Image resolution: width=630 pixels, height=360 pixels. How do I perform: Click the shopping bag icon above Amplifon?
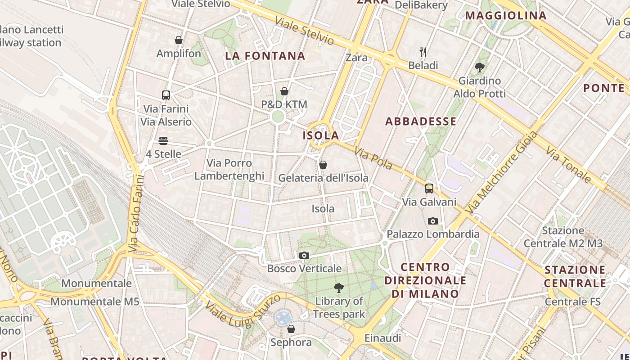[x=179, y=40]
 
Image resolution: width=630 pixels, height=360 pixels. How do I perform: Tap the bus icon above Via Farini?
[x=166, y=95]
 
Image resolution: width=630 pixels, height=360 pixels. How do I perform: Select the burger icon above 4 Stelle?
[x=163, y=141]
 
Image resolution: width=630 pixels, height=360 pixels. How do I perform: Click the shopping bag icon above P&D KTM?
[x=284, y=91]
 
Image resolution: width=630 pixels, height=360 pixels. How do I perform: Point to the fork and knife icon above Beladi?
[x=423, y=52]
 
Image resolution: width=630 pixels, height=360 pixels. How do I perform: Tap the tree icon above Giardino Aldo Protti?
[x=480, y=67]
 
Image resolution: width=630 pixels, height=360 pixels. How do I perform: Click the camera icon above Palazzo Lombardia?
[x=433, y=221]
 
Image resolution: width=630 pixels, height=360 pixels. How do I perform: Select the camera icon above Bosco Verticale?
[x=304, y=255]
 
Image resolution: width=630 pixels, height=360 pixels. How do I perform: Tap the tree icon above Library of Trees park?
[x=339, y=288]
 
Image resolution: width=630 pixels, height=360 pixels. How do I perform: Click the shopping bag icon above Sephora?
[x=291, y=329]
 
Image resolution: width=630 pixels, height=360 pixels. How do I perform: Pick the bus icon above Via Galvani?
[x=429, y=189]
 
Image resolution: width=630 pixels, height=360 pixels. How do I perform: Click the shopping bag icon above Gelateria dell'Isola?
[x=323, y=165]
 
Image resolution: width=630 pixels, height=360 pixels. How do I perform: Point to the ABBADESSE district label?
[x=421, y=121]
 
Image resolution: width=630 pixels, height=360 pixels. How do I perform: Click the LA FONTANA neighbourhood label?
[x=265, y=56]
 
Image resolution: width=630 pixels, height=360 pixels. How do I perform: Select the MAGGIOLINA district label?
[x=506, y=16]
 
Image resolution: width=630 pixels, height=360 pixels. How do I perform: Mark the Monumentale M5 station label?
[x=95, y=301]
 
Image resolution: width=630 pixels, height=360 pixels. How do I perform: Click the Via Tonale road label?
[x=568, y=164]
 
